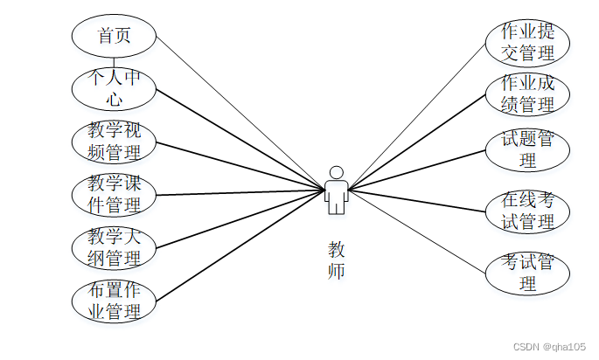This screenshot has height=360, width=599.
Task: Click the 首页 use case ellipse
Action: pos(114,37)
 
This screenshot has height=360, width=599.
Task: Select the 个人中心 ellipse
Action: pos(114,88)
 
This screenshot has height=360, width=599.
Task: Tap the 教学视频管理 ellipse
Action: pos(114,142)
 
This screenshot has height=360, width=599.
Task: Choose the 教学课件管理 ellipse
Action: pos(114,194)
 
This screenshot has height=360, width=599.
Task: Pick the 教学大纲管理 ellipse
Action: pos(114,247)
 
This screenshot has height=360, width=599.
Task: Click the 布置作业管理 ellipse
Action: pos(114,301)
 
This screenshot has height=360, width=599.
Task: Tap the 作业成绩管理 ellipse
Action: pos(527,94)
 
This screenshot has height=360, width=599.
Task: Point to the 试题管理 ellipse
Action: pos(527,149)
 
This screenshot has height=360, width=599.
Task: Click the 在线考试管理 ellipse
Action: pos(527,211)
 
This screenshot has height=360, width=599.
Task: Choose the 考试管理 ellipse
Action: pos(527,273)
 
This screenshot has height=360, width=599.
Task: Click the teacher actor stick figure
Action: pos(336,190)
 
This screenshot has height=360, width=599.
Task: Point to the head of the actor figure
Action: pos(336,171)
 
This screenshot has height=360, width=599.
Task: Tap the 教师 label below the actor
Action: pos(336,260)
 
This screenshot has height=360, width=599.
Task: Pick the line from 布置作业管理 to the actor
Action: pos(236,246)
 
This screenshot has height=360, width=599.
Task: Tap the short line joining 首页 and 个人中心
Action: pos(114,62)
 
